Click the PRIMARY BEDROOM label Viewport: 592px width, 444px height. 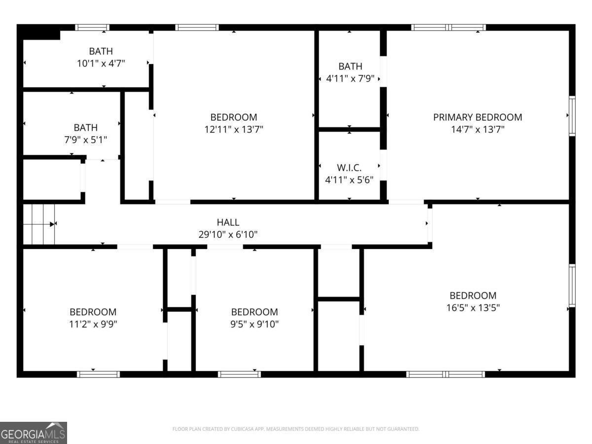tap(477, 117)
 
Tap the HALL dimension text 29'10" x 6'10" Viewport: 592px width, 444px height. tap(228, 235)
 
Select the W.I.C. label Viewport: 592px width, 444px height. tap(350, 168)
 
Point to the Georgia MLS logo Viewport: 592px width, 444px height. tap(33, 433)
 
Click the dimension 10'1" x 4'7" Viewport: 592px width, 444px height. tap(101, 63)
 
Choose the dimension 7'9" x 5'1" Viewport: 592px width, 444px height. tap(85, 140)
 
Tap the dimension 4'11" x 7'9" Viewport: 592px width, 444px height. tap(350, 78)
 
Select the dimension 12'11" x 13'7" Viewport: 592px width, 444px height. tap(233, 129)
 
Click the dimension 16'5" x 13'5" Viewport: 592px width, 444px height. tap(473, 308)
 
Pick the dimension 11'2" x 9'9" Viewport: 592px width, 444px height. tap(93, 324)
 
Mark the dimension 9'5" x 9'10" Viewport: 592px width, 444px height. tap(254, 324)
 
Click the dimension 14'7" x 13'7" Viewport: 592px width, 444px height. tap(477, 129)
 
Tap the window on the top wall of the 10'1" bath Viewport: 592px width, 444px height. tap(92, 28)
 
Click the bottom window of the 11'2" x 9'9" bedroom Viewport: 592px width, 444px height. tap(99, 374)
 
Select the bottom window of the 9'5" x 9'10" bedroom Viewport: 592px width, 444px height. tap(239, 374)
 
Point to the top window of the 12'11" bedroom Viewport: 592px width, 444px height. tap(197, 28)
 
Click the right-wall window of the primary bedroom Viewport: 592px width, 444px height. tap(572, 116)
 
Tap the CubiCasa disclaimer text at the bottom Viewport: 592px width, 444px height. tap(296, 429)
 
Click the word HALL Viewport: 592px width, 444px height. tap(228, 222)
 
